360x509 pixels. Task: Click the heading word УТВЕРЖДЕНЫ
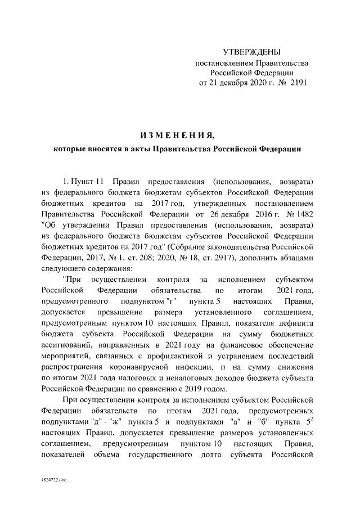[251, 52]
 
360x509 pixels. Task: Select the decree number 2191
[297, 83]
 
